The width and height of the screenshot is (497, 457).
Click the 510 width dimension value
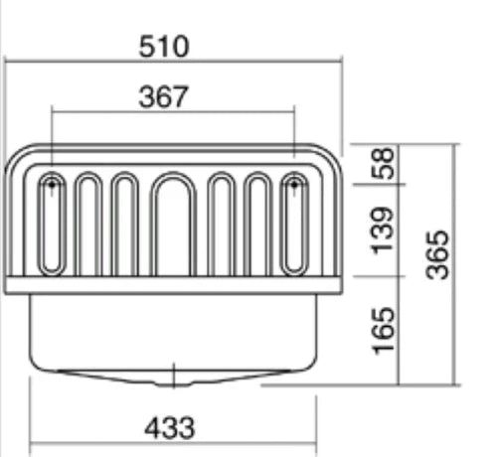[164, 47]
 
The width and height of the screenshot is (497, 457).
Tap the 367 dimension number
[164, 96]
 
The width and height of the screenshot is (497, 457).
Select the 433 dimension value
[170, 428]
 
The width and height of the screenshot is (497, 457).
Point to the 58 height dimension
[384, 164]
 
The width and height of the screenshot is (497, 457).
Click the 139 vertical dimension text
[384, 230]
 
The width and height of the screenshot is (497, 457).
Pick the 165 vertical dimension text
[384, 331]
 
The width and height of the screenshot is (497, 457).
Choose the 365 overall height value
[437, 255]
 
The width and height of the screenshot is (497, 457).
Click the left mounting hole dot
[52, 185]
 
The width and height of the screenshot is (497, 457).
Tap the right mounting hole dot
[294, 185]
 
